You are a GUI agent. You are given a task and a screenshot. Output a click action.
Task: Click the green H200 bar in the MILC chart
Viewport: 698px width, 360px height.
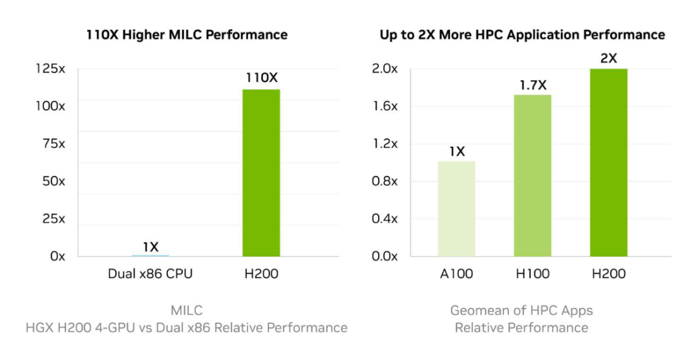click(x=261, y=173)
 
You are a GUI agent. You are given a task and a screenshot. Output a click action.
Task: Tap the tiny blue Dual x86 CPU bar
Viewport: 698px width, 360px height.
click(x=150, y=255)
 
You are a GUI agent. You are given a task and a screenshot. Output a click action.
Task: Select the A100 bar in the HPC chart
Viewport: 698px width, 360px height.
click(x=456, y=208)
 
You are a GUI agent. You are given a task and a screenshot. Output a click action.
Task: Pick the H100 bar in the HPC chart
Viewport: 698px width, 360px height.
click(x=533, y=175)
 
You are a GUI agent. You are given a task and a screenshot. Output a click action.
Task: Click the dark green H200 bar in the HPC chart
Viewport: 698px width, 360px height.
click(x=608, y=162)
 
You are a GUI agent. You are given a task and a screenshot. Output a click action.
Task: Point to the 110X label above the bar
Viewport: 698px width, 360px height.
click(x=261, y=78)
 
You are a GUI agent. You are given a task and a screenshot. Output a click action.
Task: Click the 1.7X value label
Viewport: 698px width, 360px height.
click(x=533, y=84)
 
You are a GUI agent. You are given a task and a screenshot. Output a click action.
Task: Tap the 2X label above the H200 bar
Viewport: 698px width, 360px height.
click(x=608, y=58)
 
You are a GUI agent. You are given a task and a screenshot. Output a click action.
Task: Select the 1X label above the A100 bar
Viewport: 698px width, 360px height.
click(x=456, y=151)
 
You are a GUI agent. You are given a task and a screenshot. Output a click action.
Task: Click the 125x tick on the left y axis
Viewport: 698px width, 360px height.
click(x=50, y=69)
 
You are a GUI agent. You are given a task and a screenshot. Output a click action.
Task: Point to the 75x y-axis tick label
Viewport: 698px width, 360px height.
click(x=53, y=144)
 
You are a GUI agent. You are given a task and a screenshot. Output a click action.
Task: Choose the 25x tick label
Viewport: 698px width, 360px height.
click(x=53, y=219)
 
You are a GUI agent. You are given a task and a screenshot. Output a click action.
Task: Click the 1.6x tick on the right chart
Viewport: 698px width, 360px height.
click(x=385, y=107)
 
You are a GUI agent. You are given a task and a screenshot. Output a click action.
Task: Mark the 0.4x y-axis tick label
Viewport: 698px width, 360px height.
click(x=385, y=219)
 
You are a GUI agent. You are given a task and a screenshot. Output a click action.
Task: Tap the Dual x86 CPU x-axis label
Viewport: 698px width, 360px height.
click(x=150, y=274)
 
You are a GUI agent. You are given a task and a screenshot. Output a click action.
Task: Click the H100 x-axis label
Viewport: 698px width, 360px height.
click(x=533, y=274)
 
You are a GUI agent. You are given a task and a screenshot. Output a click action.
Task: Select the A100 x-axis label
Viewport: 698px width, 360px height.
click(x=456, y=274)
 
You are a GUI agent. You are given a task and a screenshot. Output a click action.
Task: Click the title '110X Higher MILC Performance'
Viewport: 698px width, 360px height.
click(x=187, y=35)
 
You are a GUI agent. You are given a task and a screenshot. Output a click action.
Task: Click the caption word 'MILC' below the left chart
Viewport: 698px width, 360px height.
click(x=187, y=311)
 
